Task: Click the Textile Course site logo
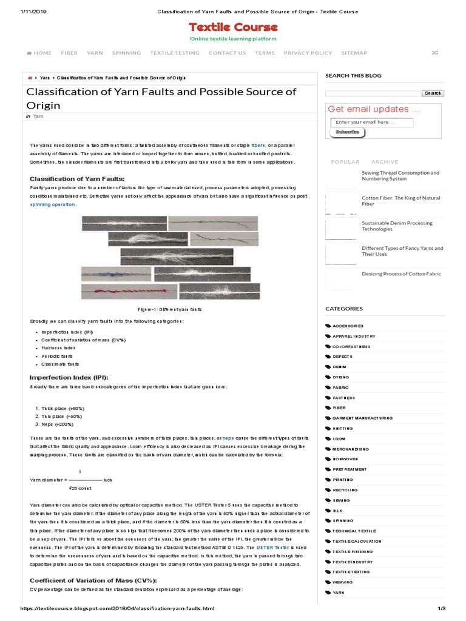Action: tap(233, 27)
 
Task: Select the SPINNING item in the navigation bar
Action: tap(126, 53)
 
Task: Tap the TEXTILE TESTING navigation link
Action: tap(175, 53)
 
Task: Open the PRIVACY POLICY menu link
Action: tap(308, 53)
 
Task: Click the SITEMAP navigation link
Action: tap(354, 53)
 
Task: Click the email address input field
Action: tap(372, 123)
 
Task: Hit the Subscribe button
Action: tap(347, 132)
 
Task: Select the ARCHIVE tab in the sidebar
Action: tap(385, 162)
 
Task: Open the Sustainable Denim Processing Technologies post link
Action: tap(397, 226)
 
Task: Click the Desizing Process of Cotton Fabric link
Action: tap(401, 274)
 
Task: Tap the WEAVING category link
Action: tap(343, 582)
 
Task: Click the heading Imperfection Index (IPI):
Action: tap(69, 377)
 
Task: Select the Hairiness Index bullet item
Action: tap(58, 348)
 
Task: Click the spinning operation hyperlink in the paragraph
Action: tap(53, 204)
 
